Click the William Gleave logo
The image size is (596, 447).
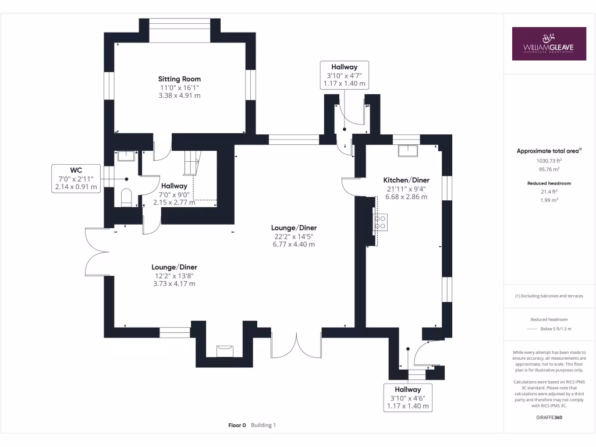tap(549, 44)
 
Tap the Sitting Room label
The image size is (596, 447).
tap(179, 79)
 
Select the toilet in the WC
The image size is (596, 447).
tap(126, 197)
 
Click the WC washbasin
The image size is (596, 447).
tap(126, 155)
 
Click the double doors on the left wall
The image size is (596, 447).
tap(96, 251)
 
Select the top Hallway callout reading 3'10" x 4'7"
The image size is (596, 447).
tap(345, 75)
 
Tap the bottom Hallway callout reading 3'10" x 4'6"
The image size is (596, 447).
tap(407, 398)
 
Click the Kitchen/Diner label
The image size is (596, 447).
tap(406, 180)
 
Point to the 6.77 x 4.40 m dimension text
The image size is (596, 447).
tap(293, 244)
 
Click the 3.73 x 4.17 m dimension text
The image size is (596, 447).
tap(173, 283)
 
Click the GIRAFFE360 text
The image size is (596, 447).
tap(549, 417)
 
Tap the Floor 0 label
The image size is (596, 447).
tap(237, 425)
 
